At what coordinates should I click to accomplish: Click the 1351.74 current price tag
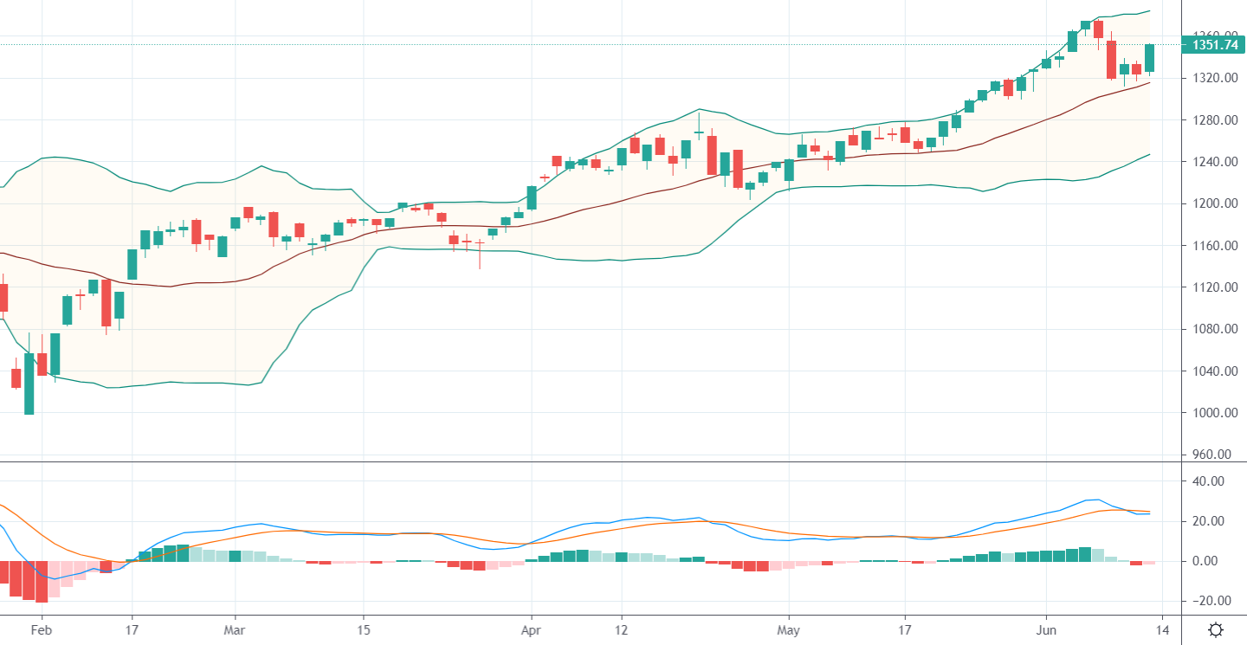(x=1214, y=45)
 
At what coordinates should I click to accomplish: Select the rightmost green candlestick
(x=1150, y=58)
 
